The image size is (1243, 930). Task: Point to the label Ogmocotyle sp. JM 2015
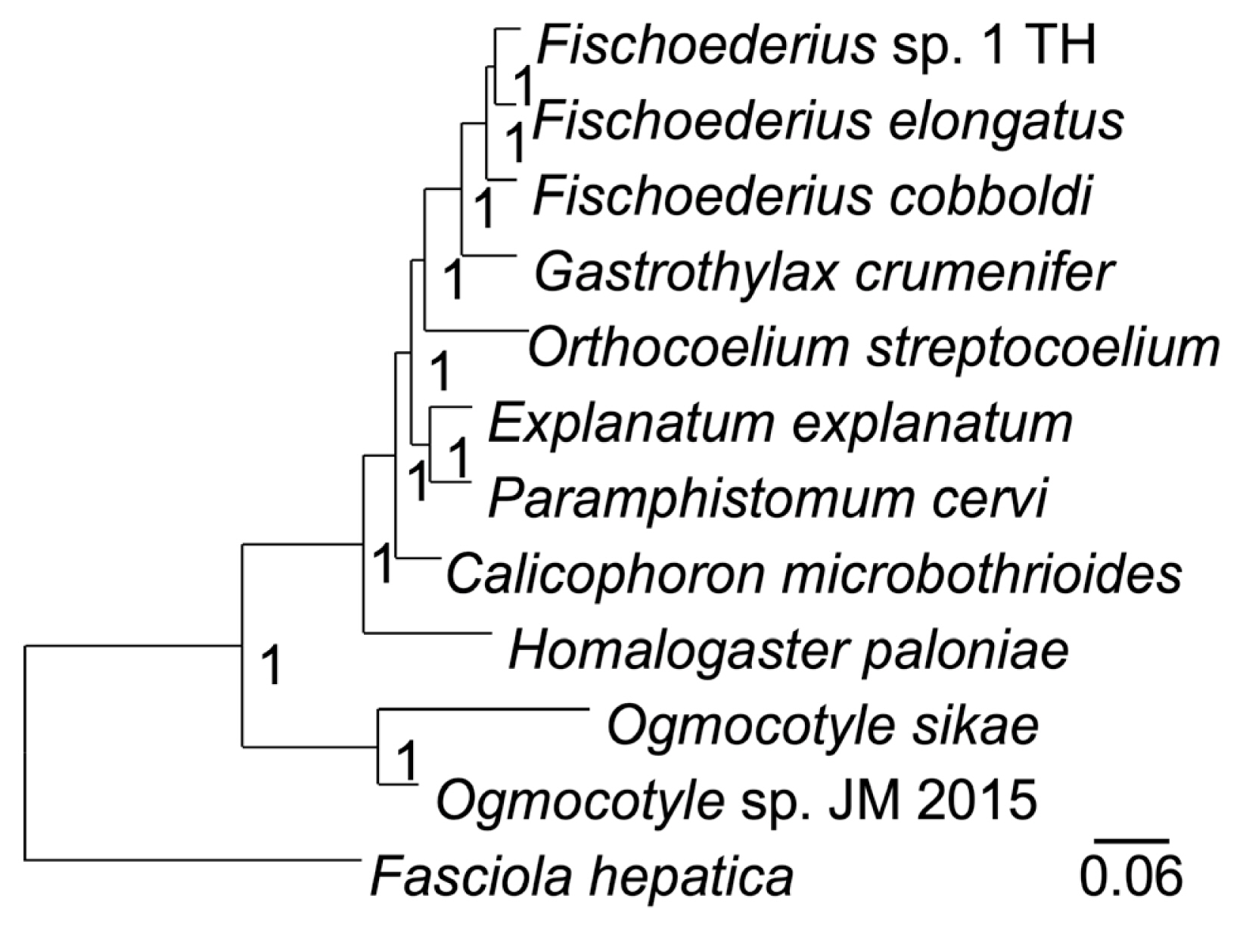click(735, 801)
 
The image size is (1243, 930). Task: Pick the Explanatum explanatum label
click(780, 424)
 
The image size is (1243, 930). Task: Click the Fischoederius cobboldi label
click(812, 197)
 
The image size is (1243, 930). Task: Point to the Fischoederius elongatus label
click(828, 121)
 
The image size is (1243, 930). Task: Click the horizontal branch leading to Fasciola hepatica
click(189, 860)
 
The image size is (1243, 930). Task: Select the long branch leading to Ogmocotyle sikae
click(484, 710)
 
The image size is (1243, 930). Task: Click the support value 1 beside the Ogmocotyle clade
click(406, 760)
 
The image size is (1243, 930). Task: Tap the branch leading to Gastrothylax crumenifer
click(488, 256)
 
